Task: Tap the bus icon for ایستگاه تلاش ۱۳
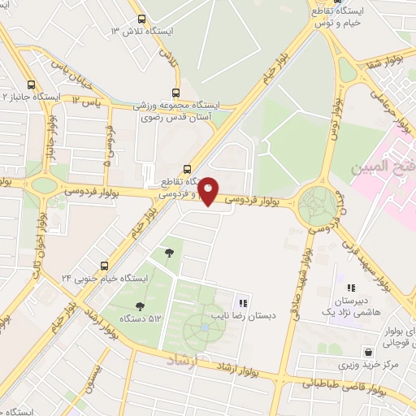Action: (x=142, y=19)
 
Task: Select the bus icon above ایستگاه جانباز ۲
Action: (x=31, y=84)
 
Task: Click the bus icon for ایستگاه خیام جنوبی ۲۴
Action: (x=104, y=265)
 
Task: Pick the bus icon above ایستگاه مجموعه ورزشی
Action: (x=176, y=93)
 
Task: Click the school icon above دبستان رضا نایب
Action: (x=243, y=302)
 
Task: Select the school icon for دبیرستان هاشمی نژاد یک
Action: (x=351, y=288)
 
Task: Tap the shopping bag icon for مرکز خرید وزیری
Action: (x=370, y=352)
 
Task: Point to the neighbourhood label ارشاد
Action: (x=182, y=358)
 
